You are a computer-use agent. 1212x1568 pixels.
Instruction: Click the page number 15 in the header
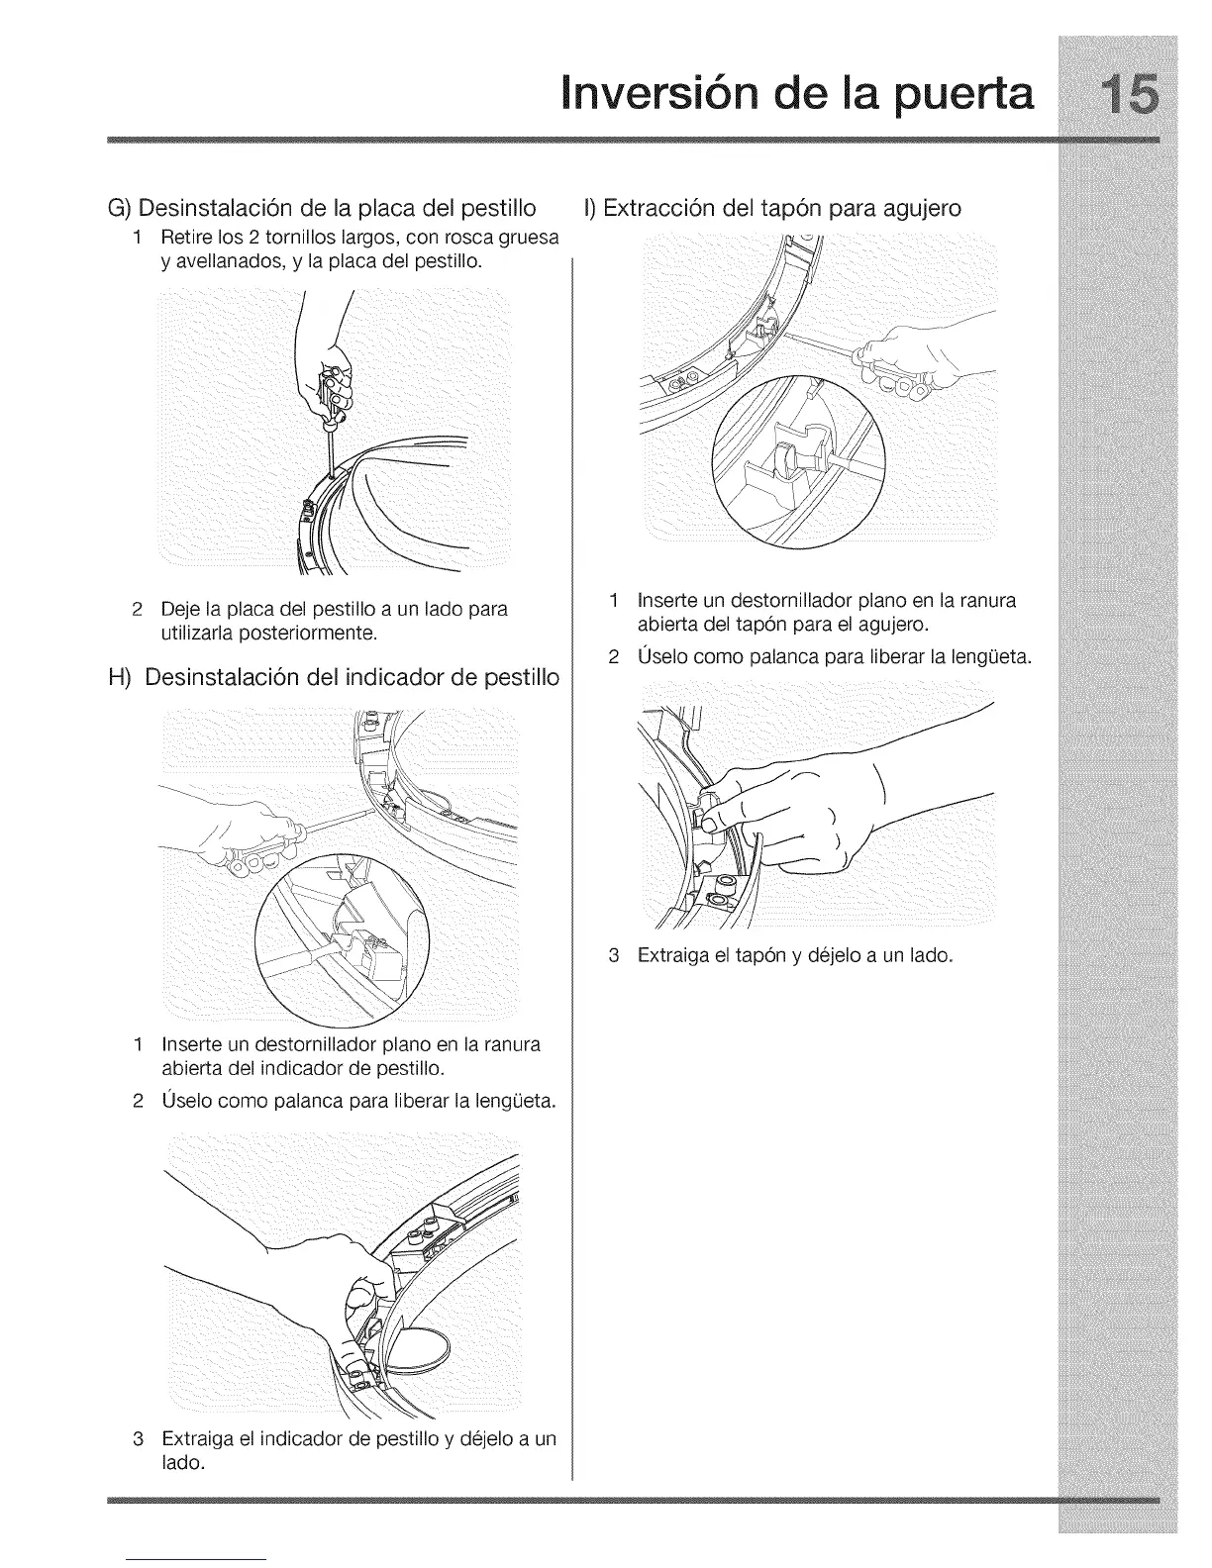[x=1116, y=96]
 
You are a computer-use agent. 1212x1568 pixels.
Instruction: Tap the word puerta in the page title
[x=940, y=97]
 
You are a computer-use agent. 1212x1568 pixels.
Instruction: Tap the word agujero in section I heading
[x=911, y=210]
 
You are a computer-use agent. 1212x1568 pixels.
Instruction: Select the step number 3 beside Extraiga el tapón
[x=614, y=956]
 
